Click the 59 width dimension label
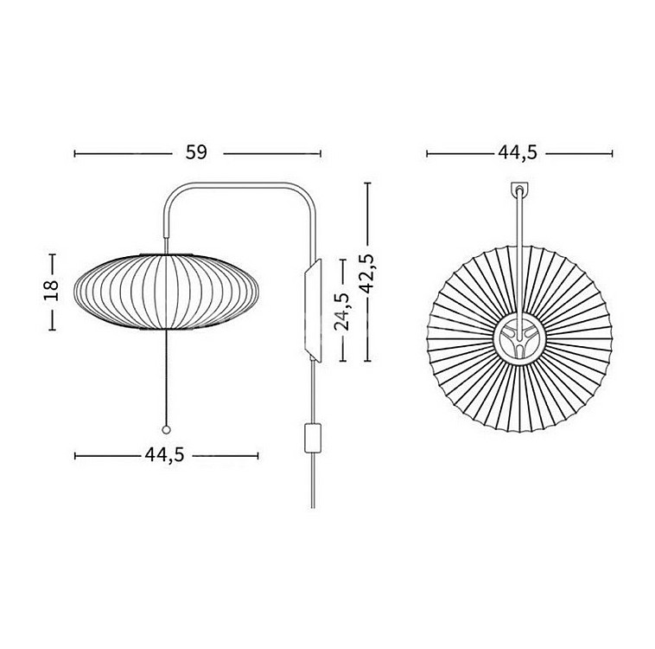tap(196, 152)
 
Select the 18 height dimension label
tap(51, 291)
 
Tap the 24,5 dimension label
tap(341, 311)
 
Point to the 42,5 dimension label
tap(367, 273)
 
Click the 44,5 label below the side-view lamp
tap(164, 454)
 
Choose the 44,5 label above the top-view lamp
tap(518, 152)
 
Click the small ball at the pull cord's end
tap(166, 430)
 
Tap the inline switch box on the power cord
tap(313, 438)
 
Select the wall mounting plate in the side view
tap(314, 310)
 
